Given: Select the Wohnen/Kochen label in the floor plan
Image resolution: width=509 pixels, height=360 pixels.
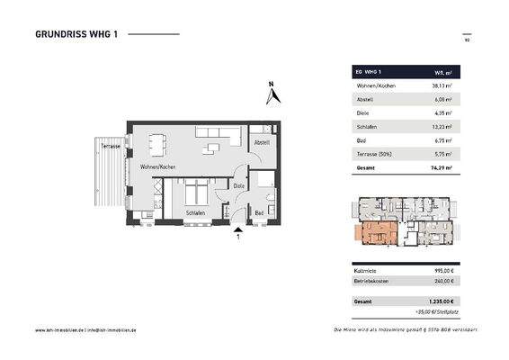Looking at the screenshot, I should click(156, 168).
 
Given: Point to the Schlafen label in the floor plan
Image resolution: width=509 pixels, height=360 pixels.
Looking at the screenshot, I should click(195, 212).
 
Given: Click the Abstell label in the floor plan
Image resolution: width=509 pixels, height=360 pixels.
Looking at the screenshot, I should click(261, 143).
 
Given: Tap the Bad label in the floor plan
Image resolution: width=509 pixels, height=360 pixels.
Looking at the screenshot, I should click(258, 212).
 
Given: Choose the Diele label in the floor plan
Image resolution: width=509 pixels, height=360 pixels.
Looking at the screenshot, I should click(239, 186).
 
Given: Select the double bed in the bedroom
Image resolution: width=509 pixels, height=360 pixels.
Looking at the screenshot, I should click(195, 192).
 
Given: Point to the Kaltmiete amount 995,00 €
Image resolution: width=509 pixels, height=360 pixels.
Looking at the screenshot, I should click(444, 269).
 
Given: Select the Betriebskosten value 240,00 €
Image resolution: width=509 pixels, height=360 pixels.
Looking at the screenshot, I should click(444, 281).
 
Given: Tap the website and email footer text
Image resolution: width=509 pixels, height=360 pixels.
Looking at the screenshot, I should click(85, 330).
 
